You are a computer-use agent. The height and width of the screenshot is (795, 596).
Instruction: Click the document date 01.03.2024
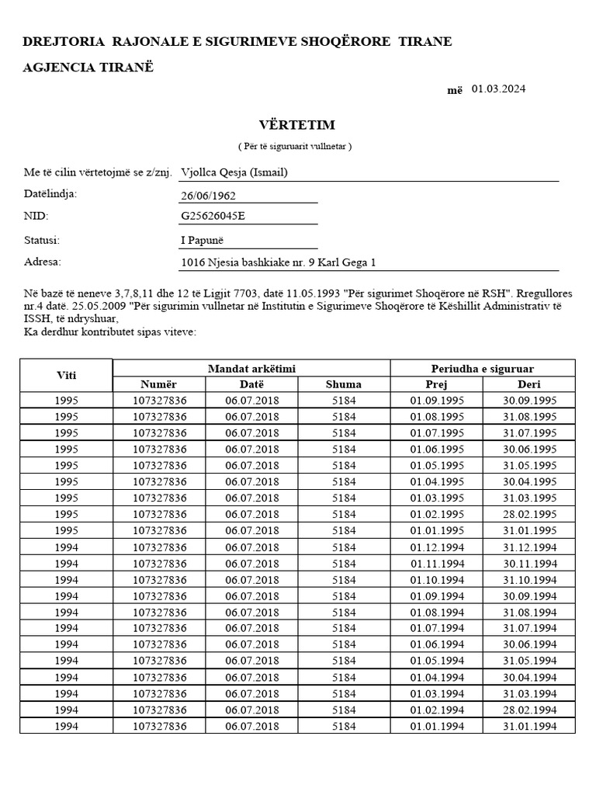coord(497,89)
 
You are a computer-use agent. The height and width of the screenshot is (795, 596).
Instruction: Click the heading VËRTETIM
coord(296,125)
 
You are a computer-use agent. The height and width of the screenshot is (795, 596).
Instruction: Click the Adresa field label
coord(43,262)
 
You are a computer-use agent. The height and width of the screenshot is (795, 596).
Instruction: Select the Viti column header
coord(66,376)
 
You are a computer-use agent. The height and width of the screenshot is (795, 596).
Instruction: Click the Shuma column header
coord(344,384)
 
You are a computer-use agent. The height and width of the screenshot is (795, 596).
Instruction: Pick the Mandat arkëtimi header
coord(251,368)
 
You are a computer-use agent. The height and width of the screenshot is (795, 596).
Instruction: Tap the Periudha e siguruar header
coord(482,368)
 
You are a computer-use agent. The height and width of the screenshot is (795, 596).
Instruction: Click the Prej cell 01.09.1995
coord(436,401)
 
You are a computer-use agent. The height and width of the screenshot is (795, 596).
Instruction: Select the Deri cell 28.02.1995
coord(528,515)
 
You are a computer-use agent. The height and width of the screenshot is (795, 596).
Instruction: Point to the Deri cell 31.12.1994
coord(528,547)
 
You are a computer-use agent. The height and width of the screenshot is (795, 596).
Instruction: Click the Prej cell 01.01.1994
coord(436,727)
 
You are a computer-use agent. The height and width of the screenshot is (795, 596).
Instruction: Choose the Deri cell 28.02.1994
coord(528,710)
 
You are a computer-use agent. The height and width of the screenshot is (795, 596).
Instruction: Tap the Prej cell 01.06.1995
coord(436,450)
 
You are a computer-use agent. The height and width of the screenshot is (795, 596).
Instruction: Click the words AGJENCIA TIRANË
coord(88,67)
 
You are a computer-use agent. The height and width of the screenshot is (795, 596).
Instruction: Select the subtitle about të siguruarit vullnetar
coord(295,147)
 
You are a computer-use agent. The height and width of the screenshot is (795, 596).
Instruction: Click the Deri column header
coord(528,384)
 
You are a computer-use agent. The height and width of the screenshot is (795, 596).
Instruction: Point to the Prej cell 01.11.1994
coord(436,564)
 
